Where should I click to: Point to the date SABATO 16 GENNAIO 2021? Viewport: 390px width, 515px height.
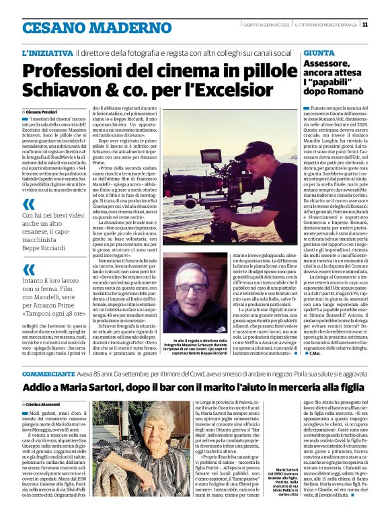tap(267, 24)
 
